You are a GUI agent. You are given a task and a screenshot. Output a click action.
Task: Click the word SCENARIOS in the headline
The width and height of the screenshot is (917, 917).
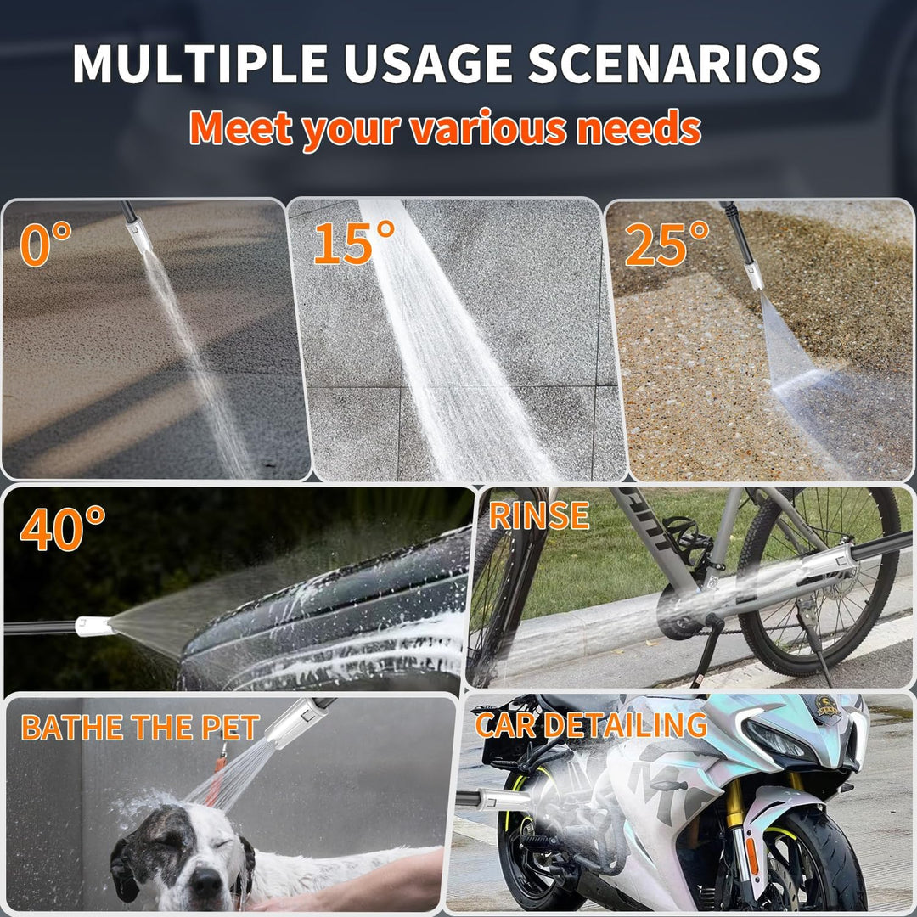(x=674, y=63)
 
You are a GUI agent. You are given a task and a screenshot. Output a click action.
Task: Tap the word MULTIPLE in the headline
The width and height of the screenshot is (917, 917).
(x=200, y=63)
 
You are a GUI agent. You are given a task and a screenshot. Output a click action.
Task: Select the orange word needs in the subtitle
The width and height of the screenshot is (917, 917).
(x=639, y=129)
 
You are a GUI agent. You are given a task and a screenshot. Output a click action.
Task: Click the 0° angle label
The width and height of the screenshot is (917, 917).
(x=46, y=244)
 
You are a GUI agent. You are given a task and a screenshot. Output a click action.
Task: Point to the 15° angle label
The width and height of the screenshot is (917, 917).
(x=354, y=244)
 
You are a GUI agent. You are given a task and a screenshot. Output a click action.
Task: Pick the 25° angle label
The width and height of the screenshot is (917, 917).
(x=667, y=244)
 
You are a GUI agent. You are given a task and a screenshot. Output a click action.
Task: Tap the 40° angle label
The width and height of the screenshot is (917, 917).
(x=63, y=529)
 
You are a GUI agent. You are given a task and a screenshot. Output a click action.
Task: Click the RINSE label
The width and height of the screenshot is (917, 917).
(x=538, y=515)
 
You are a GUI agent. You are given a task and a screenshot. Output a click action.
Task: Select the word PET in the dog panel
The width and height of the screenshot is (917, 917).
(x=230, y=728)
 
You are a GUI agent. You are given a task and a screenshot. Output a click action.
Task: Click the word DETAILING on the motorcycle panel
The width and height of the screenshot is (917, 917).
(x=626, y=724)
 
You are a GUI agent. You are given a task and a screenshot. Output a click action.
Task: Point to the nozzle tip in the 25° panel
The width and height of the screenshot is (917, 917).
(x=755, y=277)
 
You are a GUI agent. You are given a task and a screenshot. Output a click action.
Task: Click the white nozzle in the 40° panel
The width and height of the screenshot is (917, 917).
(x=94, y=627)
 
